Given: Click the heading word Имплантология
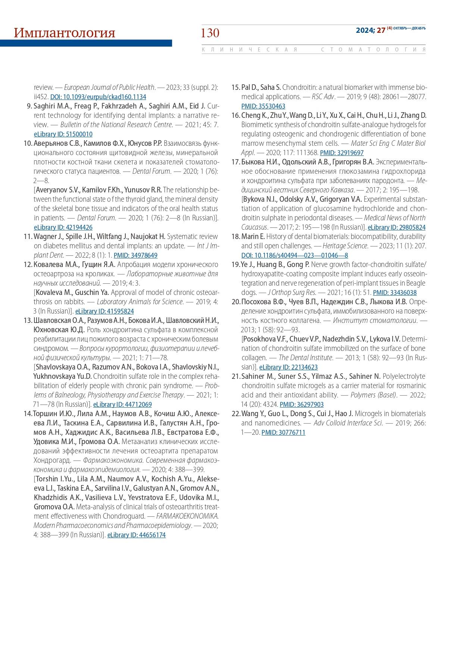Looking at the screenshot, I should (64, 33).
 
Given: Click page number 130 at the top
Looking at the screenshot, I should (210, 33).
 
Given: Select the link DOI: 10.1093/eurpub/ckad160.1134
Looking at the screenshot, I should (98, 97).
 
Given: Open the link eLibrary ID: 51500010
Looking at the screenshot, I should (63, 134).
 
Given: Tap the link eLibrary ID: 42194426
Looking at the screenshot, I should (63, 227).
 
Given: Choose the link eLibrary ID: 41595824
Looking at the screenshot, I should (104, 311).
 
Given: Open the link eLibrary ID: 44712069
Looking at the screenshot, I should (122, 405).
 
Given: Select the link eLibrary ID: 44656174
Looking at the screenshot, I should (136, 535).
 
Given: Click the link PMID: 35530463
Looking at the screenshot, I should (263, 106).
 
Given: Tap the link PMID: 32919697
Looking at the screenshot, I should (342, 153).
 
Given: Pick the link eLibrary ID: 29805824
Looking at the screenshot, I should (397, 227).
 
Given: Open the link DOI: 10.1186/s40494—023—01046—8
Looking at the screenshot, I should (294, 255).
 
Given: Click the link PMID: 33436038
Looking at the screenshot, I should (395, 293).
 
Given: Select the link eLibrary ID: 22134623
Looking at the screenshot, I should (288, 367).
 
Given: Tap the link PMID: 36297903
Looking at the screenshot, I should (301, 405).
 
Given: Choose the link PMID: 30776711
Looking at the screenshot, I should (283, 433).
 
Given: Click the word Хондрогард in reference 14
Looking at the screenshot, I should (50, 460).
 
